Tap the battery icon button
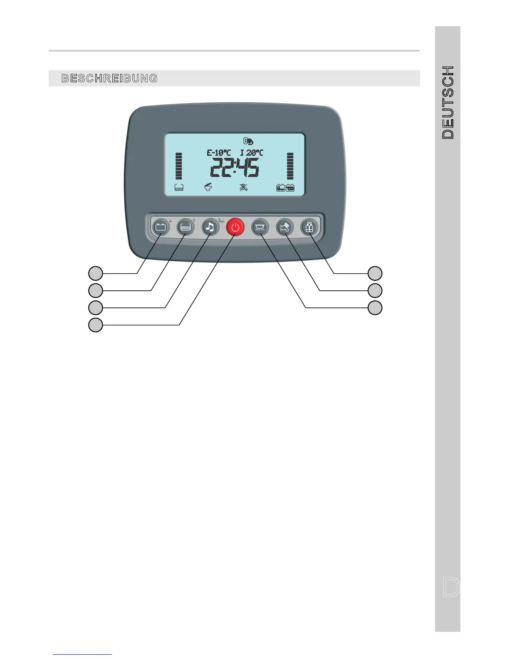click(161, 227)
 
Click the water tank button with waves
click(185, 227)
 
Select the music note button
click(210, 227)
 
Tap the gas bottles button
click(309, 227)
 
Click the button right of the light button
click(285, 227)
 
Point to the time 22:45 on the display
click(235, 168)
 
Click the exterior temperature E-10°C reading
click(218, 153)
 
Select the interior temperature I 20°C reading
click(252, 153)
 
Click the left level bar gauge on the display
click(179, 166)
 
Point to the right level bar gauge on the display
click(290, 166)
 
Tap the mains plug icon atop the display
click(248, 141)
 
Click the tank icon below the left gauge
click(179, 188)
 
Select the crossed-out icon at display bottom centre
click(244, 188)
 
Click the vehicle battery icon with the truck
click(281, 188)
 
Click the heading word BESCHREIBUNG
click(109, 79)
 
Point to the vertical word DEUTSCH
click(448, 102)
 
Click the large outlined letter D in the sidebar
click(451, 587)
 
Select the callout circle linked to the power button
click(96, 325)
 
